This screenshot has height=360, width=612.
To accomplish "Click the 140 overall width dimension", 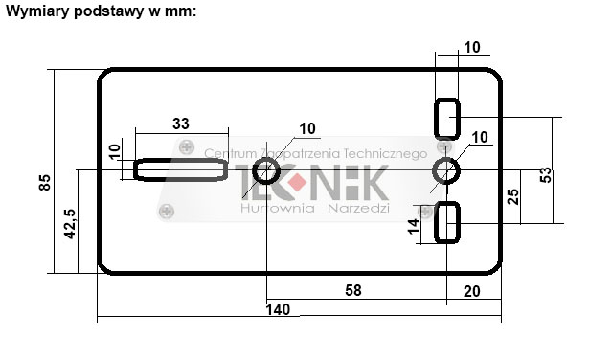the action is coord(278,309).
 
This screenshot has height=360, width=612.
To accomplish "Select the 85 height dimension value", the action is coord(45,183).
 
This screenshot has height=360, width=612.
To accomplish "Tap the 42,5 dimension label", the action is coord(70,224).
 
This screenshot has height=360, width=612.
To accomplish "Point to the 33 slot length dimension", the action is coord(181,124).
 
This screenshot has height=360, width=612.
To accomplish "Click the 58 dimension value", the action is coord(353,290).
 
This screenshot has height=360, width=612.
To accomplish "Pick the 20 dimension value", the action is coord(471,291).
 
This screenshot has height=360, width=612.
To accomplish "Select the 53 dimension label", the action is coord(546,175).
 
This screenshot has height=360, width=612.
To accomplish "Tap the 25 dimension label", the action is coord(512,196).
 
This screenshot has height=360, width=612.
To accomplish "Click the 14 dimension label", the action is coord(414,227).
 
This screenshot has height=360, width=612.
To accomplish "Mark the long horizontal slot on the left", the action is coord(181,169).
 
